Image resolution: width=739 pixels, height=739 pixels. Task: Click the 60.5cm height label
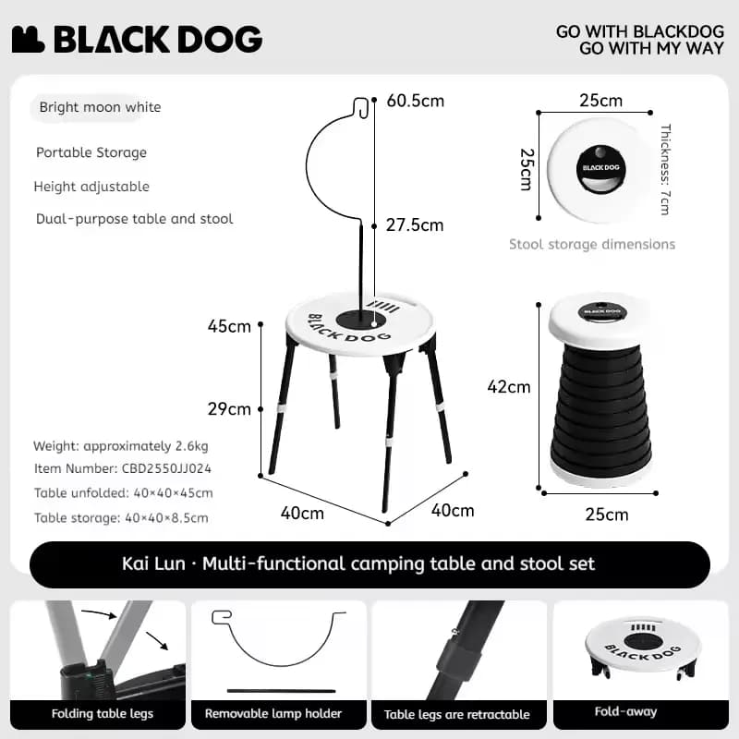415,101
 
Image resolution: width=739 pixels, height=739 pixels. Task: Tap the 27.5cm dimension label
415,225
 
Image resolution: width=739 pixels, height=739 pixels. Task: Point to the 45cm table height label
229,326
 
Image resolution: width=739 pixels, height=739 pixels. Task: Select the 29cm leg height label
229,408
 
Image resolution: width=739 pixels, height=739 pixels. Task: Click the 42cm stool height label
509,387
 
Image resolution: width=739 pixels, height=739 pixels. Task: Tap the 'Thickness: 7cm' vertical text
665,170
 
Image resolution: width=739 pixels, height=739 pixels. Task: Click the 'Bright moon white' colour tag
100,107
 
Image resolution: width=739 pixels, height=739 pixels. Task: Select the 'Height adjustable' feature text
91,187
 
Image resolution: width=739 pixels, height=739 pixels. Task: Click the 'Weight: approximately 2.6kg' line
121,446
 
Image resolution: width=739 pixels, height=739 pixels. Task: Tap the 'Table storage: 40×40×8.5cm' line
121,518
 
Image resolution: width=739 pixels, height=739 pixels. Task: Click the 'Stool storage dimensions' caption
592,244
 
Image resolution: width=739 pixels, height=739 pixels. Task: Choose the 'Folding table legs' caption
103,713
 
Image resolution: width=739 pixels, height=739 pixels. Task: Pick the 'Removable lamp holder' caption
273,713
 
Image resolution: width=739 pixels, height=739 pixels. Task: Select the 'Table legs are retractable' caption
456,714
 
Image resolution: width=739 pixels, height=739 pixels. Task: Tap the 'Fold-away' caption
625,711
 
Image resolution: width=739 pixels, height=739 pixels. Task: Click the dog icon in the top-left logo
29,40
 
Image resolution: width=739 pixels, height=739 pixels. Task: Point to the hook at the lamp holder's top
360,108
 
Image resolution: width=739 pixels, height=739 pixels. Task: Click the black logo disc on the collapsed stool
600,169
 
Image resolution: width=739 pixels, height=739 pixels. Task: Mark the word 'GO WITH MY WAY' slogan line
651,49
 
